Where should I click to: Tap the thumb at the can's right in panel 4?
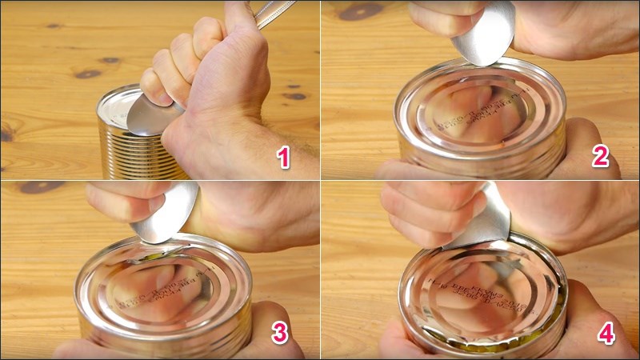point(588,316)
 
